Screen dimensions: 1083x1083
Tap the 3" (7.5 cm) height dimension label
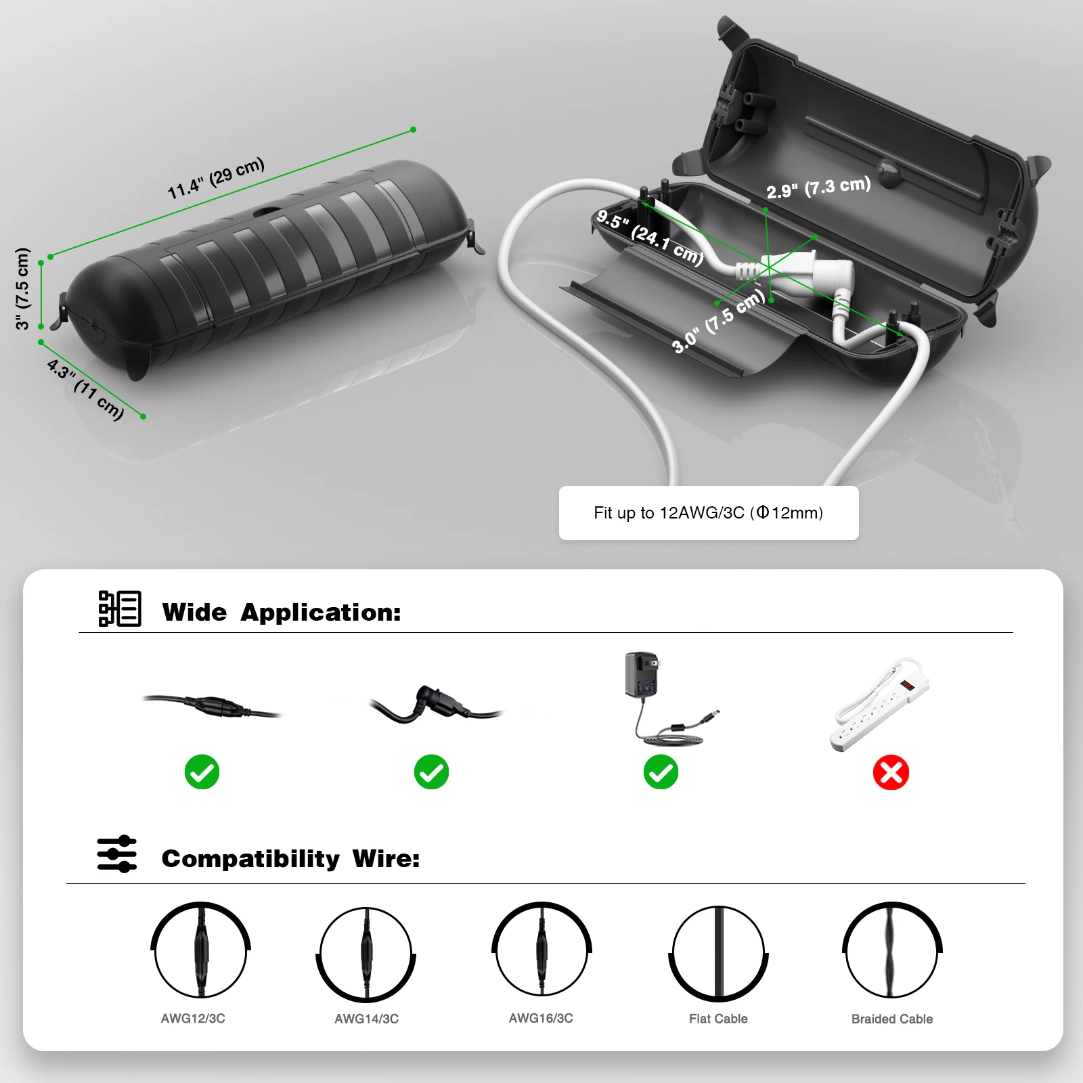pos(23,289)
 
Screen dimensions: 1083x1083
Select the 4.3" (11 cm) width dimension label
pos(85,390)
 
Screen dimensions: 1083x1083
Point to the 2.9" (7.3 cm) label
pos(818,187)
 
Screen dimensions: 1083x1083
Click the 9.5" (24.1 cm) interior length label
pos(650,236)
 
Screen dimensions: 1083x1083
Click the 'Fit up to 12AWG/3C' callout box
pos(708,513)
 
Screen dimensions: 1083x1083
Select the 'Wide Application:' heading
pos(282,612)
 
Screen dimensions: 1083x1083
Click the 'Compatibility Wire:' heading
pos(290,858)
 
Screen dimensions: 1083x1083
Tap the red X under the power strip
pos(891,772)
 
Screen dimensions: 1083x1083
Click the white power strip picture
pos(880,704)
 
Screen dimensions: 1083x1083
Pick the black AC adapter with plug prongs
pos(642,674)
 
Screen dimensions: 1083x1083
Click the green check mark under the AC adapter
pos(661,772)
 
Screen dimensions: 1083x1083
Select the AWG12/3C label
pos(193,1018)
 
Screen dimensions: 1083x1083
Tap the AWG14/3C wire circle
pos(366,954)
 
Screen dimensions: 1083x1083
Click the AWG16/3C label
pos(541,1018)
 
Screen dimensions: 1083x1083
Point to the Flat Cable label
pos(718,1019)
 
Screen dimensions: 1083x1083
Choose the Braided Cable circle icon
pos(892,950)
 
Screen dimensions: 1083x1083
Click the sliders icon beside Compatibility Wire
pos(116,854)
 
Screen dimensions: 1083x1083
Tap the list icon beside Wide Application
pos(120,609)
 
